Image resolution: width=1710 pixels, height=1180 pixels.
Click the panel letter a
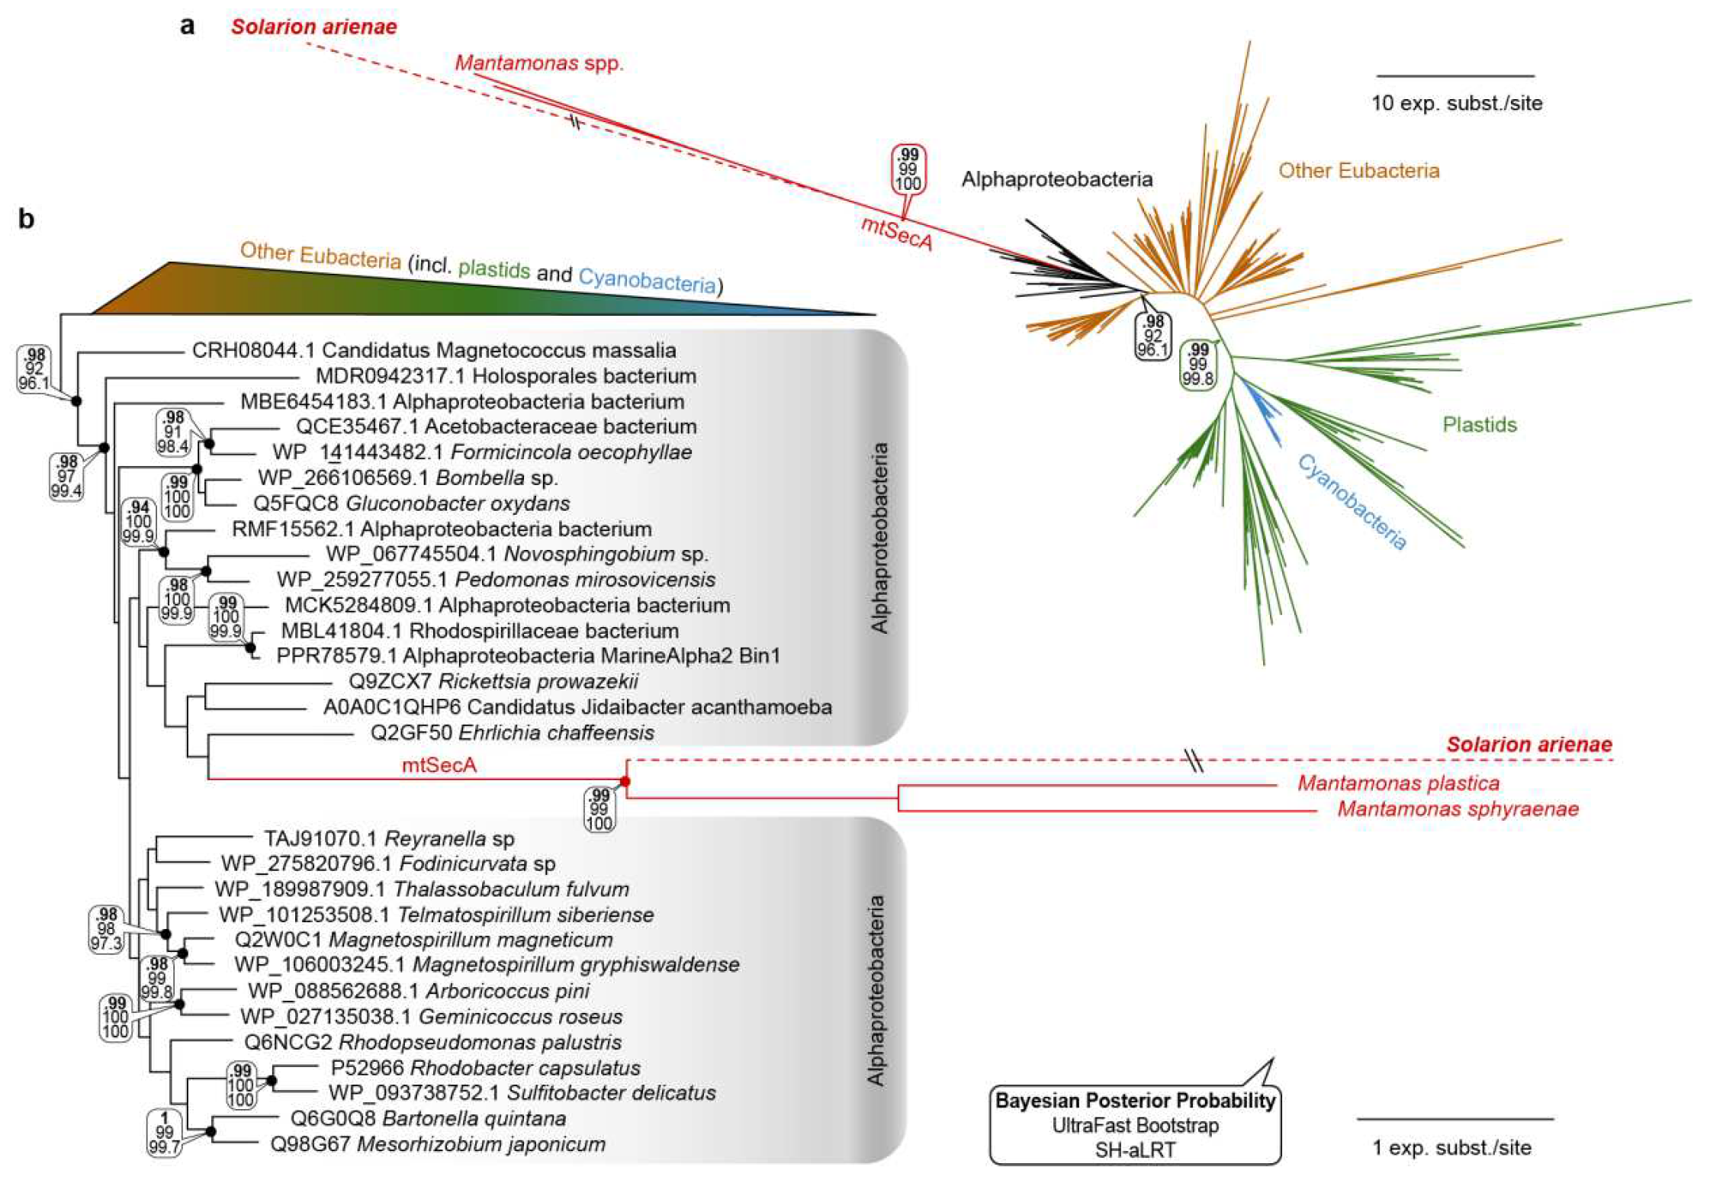[x=187, y=26]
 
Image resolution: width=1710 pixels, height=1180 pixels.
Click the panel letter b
[x=27, y=220]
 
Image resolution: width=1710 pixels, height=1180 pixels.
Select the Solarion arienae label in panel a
[x=314, y=27]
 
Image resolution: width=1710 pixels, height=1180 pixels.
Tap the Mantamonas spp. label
[x=538, y=63]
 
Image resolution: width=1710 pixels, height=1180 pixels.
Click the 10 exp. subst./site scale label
[x=1456, y=103]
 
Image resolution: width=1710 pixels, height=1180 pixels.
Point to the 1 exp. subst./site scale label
[x=1451, y=1147]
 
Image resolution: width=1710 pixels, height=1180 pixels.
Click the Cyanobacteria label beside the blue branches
[x=1352, y=502]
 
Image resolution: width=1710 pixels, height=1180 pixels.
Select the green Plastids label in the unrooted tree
[x=1479, y=425]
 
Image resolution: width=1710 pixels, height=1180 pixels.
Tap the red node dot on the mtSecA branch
[x=625, y=781]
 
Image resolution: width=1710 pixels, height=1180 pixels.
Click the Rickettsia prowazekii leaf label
[x=493, y=681]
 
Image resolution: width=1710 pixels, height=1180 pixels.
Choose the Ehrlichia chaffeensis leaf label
[x=512, y=733]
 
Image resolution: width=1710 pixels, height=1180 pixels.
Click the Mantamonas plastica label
[x=1398, y=783]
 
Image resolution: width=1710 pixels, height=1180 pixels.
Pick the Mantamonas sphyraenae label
[x=1458, y=809]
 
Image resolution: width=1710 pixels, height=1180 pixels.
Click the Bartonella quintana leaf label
[x=428, y=1119]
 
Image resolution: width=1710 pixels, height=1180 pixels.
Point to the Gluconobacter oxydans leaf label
[x=412, y=503]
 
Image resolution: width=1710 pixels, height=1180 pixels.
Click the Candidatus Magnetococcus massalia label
[x=433, y=350]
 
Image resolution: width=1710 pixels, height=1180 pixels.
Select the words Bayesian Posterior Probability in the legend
[x=1135, y=1101]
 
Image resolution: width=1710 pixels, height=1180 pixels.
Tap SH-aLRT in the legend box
[x=1135, y=1149]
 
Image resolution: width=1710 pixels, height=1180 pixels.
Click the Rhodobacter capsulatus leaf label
[x=485, y=1068]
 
